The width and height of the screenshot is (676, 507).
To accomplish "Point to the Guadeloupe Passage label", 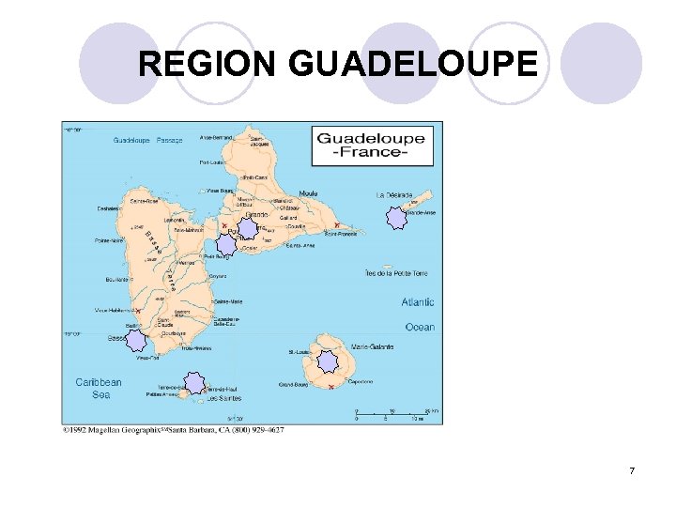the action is (x=148, y=141).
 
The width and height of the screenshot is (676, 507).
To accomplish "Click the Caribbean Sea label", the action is (x=99, y=388).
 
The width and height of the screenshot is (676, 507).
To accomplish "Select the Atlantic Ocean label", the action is (x=419, y=315).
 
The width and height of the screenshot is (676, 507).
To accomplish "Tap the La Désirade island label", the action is (x=394, y=195).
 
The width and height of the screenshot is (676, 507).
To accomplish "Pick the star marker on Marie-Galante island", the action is (x=327, y=361).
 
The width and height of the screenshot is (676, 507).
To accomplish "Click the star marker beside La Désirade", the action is (x=394, y=219).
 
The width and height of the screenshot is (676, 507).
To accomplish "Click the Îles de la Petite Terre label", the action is (x=396, y=273).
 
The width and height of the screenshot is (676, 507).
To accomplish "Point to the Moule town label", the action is (x=308, y=193).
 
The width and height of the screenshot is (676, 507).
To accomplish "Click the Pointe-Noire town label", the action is (x=111, y=240).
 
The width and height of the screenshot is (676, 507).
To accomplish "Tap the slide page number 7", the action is (x=632, y=470).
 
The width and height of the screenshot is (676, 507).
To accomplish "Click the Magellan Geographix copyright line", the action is (x=173, y=430).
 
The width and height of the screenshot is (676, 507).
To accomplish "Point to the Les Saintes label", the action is (x=224, y=398).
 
